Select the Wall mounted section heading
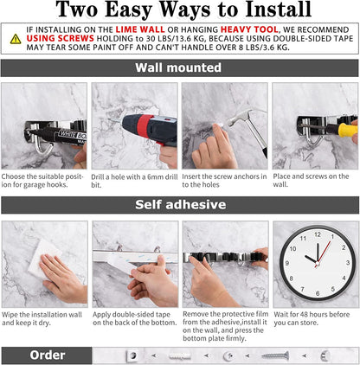(179, 67)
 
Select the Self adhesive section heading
(179, 205)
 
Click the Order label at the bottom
(47, 355)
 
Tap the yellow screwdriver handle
(347, 131)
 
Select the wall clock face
(317, 259)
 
